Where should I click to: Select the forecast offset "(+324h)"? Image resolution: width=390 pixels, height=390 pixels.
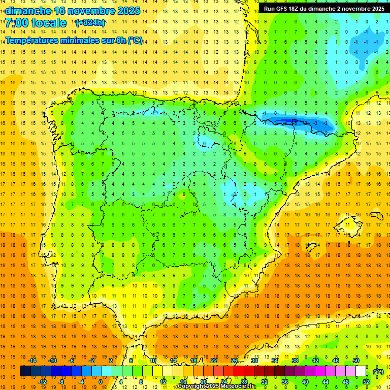90,23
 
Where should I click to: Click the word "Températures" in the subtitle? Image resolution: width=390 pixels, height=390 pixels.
35,40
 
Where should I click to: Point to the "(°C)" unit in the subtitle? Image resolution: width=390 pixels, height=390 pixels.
135,40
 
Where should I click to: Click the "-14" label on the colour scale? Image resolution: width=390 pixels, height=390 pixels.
32,361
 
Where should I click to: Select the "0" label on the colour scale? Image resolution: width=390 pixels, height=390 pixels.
101,382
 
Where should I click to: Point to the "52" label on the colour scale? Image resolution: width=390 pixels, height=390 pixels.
366,382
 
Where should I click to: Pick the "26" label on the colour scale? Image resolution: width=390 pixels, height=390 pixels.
234,361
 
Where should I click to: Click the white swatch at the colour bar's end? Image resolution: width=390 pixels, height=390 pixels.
361,371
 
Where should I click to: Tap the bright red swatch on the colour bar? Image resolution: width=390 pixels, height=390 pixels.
239,371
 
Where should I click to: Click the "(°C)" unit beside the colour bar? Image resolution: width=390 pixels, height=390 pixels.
378,372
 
